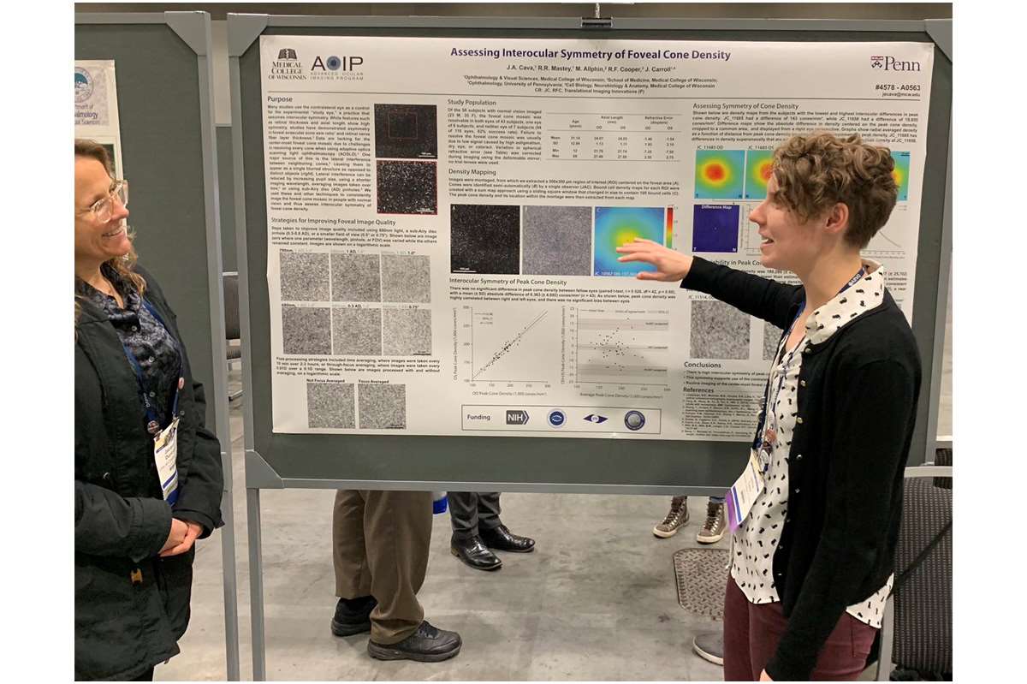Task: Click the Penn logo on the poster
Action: pos(895,63)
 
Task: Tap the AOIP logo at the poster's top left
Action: pos(336,64)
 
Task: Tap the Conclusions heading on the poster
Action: pos(703,365)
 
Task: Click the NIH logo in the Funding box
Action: pos(517,418)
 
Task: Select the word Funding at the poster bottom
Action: pos(479,419)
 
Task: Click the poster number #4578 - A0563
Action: pos(898,87)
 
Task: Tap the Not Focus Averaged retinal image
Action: pos(330,405)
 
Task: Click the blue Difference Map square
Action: pos(716,228)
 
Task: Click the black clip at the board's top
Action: pos(596,21)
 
